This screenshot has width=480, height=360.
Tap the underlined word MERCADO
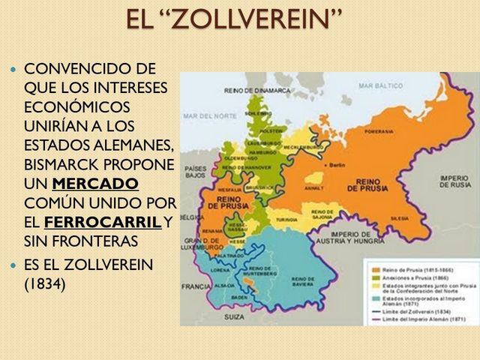click(x=100, y=184)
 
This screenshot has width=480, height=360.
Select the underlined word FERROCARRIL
click(x=103, y=222)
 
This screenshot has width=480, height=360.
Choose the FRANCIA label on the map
click(x=196, y=286)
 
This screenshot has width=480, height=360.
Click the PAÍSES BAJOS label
click(x=195, y=169)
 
